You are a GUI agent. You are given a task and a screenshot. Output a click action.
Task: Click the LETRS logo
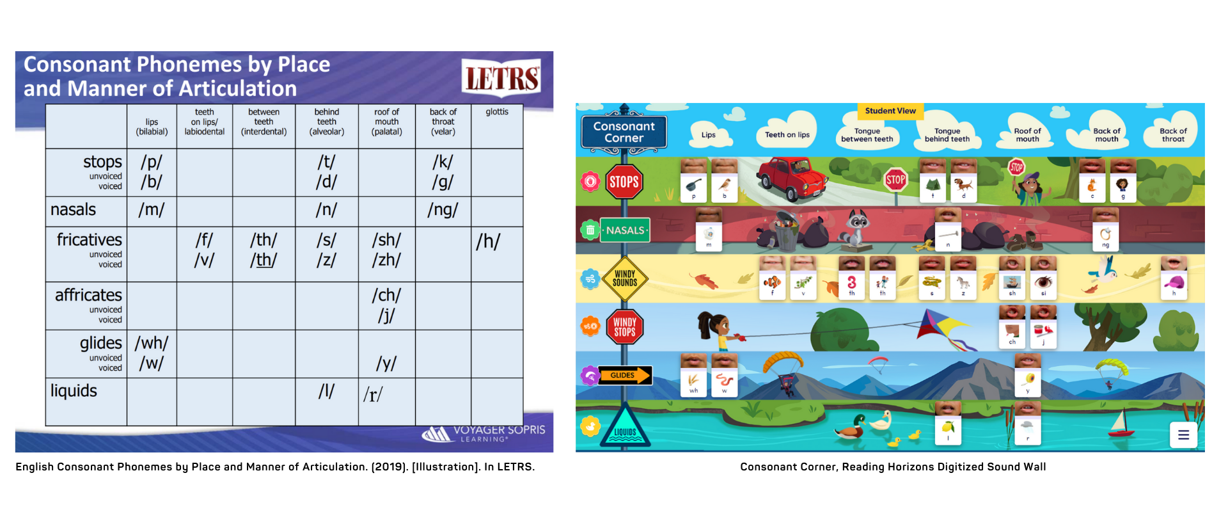[x=501, y=77]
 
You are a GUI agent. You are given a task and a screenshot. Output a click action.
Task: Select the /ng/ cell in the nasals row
[x=443, y=210]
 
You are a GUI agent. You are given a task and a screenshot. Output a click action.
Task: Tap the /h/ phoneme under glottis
[x=488, y=241]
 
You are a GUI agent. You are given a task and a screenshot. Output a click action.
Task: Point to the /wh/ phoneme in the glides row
[x=152, y=343]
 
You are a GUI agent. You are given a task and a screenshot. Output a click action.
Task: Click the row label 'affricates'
[x=88, y=295]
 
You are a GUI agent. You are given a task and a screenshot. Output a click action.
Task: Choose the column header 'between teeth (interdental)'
[x=264, y=122]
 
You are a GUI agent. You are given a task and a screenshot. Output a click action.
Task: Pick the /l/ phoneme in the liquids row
[x=326, y=391]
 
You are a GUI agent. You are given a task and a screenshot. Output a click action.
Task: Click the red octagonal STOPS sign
[x=624, y=182]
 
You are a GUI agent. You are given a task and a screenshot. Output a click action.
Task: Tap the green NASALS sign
[x=625, y=230]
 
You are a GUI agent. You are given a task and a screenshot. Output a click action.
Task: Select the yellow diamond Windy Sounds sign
[x=625, y=278]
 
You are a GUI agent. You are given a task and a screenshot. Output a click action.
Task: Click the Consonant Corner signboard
[x=624, y=132]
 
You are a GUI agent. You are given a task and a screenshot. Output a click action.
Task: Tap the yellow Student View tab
[x=890, y=111]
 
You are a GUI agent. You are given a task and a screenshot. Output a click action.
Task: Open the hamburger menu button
[x=1183, y=435]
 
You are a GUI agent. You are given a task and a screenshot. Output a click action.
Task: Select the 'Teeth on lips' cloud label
[x=787, y=134]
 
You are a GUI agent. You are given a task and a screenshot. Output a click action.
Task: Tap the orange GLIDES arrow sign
[x=625, y=376]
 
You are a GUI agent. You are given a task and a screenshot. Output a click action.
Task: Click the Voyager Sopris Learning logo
[x=484, y=433]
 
